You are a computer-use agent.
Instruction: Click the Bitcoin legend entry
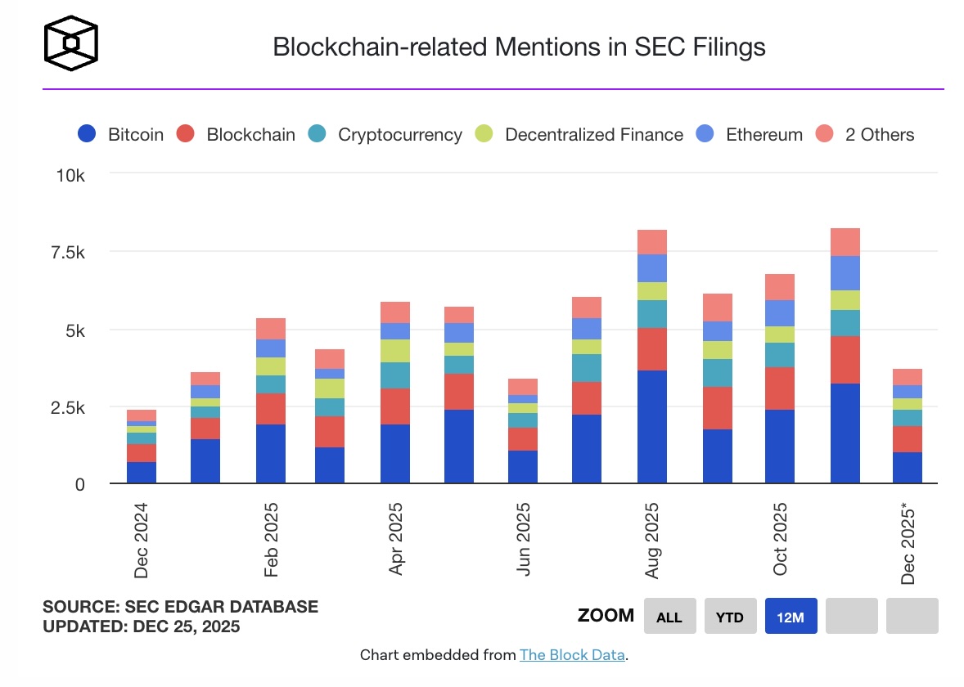tap(121, 135)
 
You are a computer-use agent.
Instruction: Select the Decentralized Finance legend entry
tap(578, 135)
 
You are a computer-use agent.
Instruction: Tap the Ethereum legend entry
tap(749, 135)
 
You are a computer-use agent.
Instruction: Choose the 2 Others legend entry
tap(865, 135)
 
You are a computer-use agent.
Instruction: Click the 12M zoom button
tap(791, 617)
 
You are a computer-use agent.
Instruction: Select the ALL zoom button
tap(669, 617)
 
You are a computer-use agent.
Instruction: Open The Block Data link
tap(572, 655)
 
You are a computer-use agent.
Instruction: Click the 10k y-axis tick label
tap(69, 176)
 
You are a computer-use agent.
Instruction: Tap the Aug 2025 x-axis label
tap(652, 540)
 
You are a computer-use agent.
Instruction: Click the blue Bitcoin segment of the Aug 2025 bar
tap(651, 427)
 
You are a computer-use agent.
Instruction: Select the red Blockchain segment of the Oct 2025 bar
tap(780, 388)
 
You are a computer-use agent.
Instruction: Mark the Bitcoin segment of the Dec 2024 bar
tap(142, 473)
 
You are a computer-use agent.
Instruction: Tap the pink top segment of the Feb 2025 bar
tap(271, 329)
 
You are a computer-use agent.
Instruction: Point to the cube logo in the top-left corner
tap(71, 43)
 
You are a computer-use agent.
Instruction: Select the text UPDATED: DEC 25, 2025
tap(142, 626)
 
